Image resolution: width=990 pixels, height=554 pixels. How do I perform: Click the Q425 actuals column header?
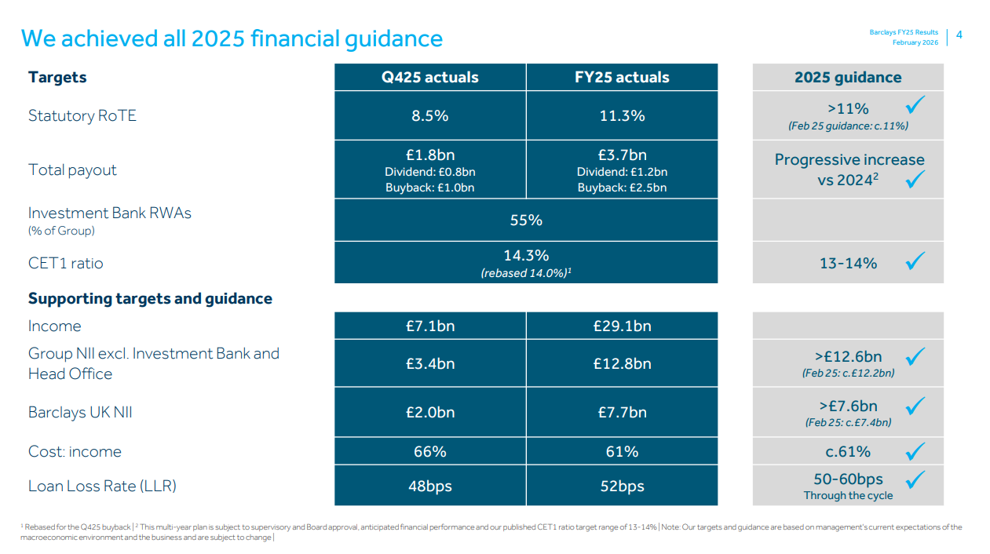pyautogui.click(x=429, y=77)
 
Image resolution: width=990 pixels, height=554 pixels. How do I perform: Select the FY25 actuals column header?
pyautogui.click(x=622, y=77)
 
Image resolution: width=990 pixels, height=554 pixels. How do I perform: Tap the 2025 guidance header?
pyautogui.click(x=848, y=77)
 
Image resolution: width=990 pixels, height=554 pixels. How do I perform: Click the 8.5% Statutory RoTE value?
pyautogui.click(x=429, y=115)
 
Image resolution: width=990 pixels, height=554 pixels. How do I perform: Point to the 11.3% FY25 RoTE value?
pyautogui.click(x=622, y=115)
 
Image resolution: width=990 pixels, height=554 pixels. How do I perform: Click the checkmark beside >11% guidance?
pyautogui.click(x=915, y=104)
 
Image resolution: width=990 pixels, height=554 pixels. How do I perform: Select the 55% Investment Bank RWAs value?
pyautogui.click(x=526, y=220)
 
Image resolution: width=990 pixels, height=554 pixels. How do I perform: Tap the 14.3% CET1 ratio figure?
pyautogui.click(x=526, y=255)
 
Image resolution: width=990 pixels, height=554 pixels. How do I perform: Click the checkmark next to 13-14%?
pyautogui.click(x=915, y=261)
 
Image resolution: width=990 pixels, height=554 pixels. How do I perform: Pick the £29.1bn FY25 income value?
pyautogui.click(x=622, y=326)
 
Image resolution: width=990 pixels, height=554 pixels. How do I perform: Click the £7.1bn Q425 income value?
pyautogui.click(x=429, y=326)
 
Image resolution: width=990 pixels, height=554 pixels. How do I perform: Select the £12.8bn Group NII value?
pyautogui.click(x=622, y=363)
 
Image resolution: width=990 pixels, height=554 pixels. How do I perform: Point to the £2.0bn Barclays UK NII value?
pyautogui.click(x=429, y=412)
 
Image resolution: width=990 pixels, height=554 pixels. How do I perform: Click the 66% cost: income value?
pyautogui.click(x=429, y=451)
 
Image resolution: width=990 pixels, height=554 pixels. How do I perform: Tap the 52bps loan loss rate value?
pyautogui.click(x=622, y=486)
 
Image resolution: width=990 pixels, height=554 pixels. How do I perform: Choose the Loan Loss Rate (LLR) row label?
pyautogui.click(x=102, y=486)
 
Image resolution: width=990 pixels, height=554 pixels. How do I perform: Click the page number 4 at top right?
pyautogui.click(x=959, y=35)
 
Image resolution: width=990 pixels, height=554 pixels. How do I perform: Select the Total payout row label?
pyautogui.click(x=72, y=169)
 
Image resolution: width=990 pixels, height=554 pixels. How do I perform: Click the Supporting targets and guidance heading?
pyautogui.click(x=150, y=298)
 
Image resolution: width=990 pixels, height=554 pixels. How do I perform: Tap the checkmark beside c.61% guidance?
pyautogui.click(x=915, y=451)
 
